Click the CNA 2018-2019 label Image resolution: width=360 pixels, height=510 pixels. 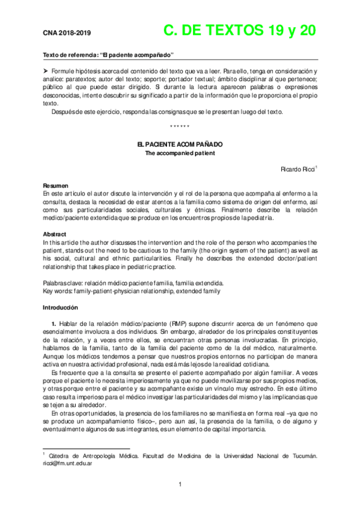[67, 34]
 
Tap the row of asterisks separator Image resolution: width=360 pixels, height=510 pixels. [180, 126]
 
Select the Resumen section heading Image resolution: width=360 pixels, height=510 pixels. [56, 186]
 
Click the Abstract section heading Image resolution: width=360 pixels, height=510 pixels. [55, 234]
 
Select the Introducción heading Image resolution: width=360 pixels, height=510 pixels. [60, 307]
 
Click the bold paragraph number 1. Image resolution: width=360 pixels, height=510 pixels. [53, 324]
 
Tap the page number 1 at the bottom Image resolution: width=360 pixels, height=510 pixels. [180, 485]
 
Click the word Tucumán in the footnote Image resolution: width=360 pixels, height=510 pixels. [304, 456]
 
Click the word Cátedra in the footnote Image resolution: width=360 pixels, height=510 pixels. [61, 456]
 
